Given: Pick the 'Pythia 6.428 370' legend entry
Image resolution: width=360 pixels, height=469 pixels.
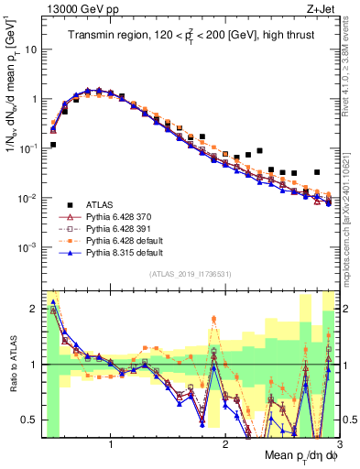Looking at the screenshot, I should tap(124, 217).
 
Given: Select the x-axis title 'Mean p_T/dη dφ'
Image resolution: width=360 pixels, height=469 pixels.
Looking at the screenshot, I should tap(300, 456).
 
